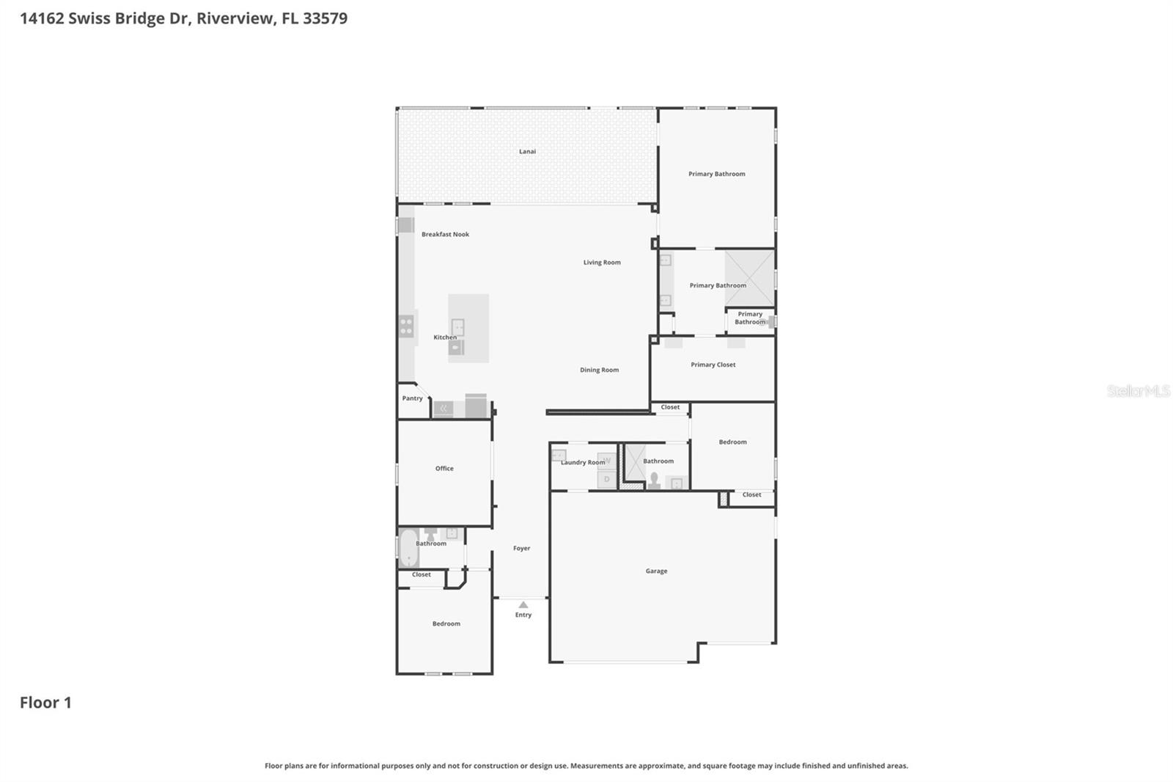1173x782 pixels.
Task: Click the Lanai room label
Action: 527,152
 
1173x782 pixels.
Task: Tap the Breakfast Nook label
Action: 445,235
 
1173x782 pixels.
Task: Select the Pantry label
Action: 412,398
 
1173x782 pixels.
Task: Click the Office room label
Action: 444,468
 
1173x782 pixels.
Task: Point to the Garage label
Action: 656,571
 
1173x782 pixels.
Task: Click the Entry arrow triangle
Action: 523,605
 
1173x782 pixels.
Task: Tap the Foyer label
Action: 521,548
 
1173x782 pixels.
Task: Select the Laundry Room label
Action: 583,462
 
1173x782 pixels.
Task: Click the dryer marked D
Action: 606,480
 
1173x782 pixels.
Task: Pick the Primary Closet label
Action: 713,365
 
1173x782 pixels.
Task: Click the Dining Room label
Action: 599,370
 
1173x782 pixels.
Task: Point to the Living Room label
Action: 602,262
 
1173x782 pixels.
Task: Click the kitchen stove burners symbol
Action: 406,326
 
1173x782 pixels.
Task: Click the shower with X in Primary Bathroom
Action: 749,278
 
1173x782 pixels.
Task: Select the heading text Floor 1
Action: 45,702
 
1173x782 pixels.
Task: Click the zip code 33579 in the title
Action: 325,18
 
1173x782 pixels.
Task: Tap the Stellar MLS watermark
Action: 1138,391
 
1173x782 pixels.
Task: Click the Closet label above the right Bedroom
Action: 670,407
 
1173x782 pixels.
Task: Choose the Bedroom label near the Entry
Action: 446,624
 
